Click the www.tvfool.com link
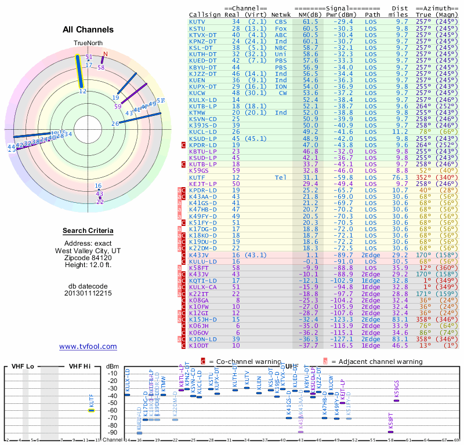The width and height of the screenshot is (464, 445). tap(88, 346)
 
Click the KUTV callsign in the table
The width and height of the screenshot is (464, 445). tap(197, 21)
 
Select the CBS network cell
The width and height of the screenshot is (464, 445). tap(281, 21)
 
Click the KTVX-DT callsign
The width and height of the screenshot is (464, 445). tap(202, 34)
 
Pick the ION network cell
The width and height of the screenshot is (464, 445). tap(281, 86)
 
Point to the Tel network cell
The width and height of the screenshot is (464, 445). tap(281, 177)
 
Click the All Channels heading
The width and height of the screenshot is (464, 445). tap(88, 30)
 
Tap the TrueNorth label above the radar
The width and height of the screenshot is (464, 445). tap(88, 43)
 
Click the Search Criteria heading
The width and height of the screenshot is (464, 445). tap(88, 231)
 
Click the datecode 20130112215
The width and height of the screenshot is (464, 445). tap(88, 293)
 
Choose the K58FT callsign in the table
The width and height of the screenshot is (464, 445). tap(198, 268)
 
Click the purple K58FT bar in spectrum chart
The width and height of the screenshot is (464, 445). tap(390, 432)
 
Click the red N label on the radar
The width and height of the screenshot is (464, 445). tap(105, 54)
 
